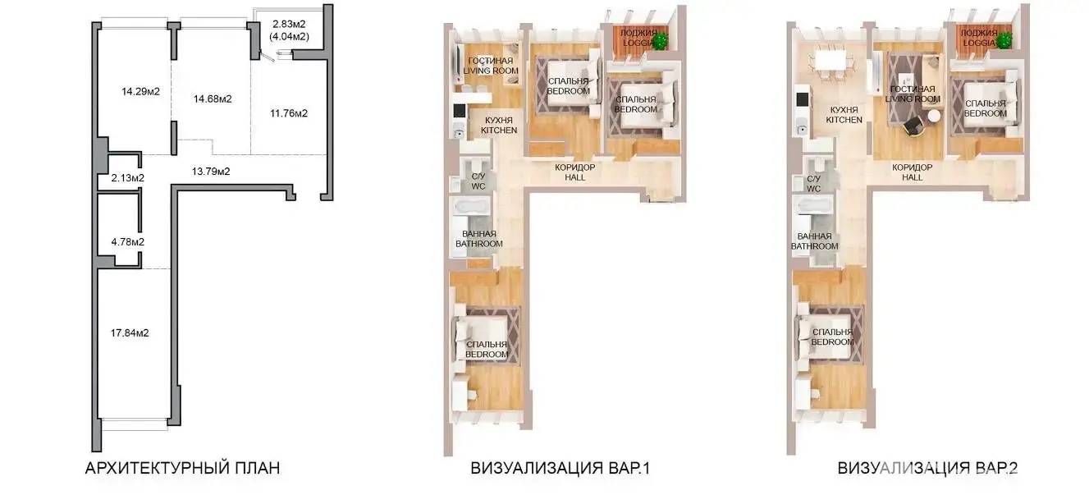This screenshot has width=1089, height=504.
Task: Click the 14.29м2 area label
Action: (140, 91)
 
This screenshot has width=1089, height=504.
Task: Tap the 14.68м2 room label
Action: (213, 99)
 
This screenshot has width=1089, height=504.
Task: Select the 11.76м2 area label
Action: (289, 113)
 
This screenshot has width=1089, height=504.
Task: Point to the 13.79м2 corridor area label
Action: (211, 172)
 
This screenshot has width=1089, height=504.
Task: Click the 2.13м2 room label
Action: (128, 178)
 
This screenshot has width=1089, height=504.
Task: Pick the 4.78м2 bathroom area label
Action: (128, 242)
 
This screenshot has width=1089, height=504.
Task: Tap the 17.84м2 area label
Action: (130, 332)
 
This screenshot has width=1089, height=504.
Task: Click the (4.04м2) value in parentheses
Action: (289, 36)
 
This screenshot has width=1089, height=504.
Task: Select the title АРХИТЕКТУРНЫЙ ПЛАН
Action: (182, 468)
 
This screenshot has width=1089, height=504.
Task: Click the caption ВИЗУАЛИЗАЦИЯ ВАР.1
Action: (560, 468)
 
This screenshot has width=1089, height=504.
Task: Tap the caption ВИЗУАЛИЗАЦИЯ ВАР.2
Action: (927, 468)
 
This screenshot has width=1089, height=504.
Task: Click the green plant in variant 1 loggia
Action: (660, 41)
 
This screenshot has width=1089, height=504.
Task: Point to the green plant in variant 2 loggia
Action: (1004, 40)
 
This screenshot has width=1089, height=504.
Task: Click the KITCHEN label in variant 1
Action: (499, 131)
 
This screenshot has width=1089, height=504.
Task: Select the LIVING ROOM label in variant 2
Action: (913, 99)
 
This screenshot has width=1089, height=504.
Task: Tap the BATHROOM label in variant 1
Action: (479, 244)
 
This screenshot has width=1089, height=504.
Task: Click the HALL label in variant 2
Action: (912, 177)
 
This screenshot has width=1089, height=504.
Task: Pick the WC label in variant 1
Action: (478, 186)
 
